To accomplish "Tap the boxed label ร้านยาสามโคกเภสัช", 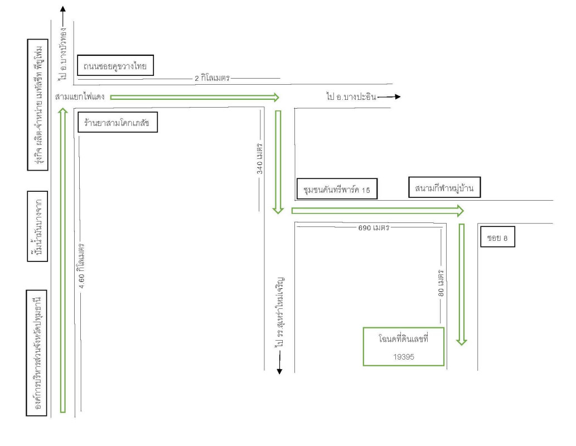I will point(117,122).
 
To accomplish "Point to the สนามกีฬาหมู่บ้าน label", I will point(444,187).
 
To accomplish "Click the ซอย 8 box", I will point(497,237).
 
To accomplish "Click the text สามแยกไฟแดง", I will point(80,97).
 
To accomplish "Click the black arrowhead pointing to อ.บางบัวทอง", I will point(62,9).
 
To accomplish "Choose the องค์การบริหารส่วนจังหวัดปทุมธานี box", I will point(39,352).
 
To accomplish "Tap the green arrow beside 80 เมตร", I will point(461,284).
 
